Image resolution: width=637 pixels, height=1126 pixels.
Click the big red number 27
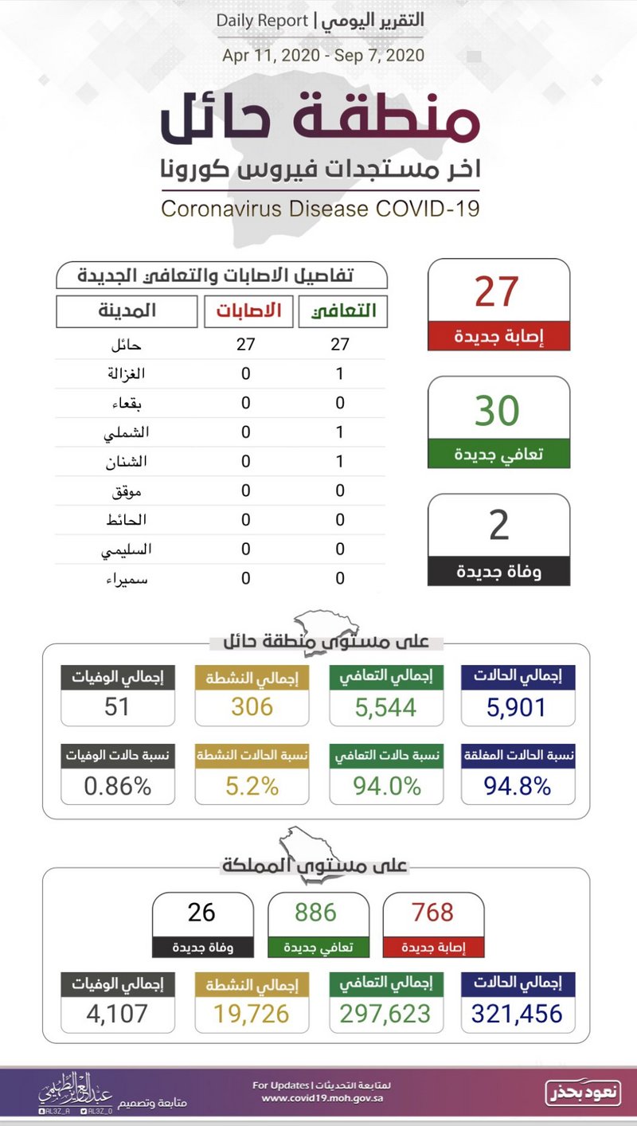point(498,291)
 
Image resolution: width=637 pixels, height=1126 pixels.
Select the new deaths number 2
point(498,526)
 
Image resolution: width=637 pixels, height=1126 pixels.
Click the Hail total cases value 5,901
point(518,706)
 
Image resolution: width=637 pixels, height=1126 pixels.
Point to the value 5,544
point(386,706)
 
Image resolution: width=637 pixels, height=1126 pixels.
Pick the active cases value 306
point(252,706)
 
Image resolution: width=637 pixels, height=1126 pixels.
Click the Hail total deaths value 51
point(117,706)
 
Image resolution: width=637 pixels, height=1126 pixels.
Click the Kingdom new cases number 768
point(433,912)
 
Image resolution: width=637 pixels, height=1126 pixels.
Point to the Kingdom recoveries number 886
point(316,912)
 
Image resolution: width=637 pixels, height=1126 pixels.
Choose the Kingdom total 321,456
point(517,1014)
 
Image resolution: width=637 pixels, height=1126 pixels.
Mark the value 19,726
point(252,1014)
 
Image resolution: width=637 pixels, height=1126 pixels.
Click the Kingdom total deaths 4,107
point(117,1014)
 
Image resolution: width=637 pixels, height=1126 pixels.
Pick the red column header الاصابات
point(248,311)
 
